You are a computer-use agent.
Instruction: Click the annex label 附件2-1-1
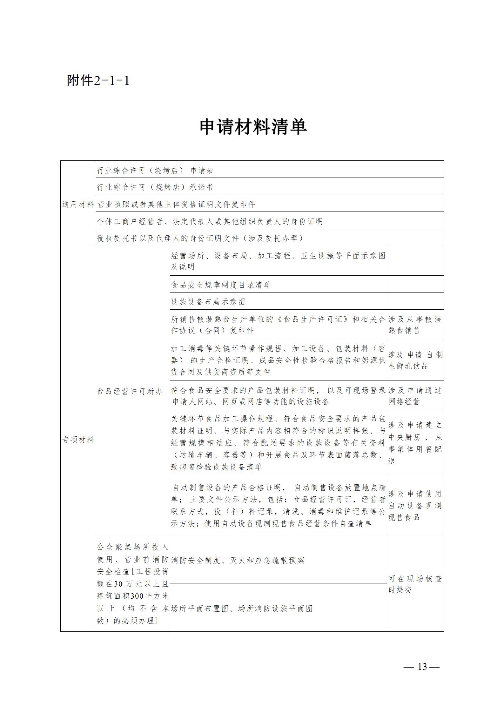click(x=98, y=81)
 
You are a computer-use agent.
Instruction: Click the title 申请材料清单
click(x=253, y=127)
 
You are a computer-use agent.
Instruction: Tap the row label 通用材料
click(x=78, y=204)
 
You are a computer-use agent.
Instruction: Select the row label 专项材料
click(x=78, y=440)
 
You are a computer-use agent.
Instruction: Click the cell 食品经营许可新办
click(x=130, y=392)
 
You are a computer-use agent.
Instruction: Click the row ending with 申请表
click(x=155, y=171)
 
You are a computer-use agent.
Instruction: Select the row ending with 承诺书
click(x=155, y=187)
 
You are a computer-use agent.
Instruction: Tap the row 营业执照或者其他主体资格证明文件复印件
click(x=176, y=204)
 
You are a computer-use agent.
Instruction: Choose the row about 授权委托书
click(x=200, y=238)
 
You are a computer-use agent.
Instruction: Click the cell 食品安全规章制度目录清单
click(x=221, y=285)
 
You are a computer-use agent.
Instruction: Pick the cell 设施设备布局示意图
click(x=208, y=302)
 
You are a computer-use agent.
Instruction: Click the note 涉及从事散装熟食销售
click(x=415, y=325)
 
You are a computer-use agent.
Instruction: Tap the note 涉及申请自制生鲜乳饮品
click(x=415, y=360)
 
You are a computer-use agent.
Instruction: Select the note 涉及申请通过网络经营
click(x=415, y=396)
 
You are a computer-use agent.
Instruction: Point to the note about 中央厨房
click(x=415, y=443)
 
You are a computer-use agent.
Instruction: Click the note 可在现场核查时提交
click(x=415, y=584)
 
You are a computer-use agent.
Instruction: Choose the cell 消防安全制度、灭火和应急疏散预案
click(x=238, y=560)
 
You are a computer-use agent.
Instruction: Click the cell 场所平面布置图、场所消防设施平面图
click(x=242, y=609)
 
